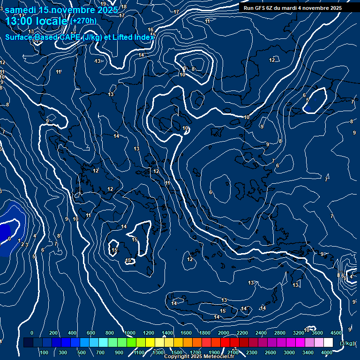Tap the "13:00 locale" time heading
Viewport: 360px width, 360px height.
coord(37,21)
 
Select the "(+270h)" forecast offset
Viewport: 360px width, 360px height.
coord(84,21)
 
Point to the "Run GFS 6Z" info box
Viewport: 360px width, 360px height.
coord(292,8)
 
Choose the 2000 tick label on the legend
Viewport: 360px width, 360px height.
coord(224,333)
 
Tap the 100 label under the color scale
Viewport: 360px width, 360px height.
coord(44,352)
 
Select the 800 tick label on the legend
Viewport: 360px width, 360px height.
coord(110,333)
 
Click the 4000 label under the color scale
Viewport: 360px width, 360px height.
coord(327,352)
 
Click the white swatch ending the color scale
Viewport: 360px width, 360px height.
coord(328,343)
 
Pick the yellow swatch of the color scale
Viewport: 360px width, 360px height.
coord(159,343)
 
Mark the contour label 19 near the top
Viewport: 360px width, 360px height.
coord(103,4)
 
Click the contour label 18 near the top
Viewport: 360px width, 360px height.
coord(124,7)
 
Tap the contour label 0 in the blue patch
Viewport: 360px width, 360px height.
coord(9,239)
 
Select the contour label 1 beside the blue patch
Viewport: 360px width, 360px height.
coord(19,240)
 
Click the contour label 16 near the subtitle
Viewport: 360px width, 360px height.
coord(150,30)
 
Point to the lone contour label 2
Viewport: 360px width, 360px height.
coord(22,244)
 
